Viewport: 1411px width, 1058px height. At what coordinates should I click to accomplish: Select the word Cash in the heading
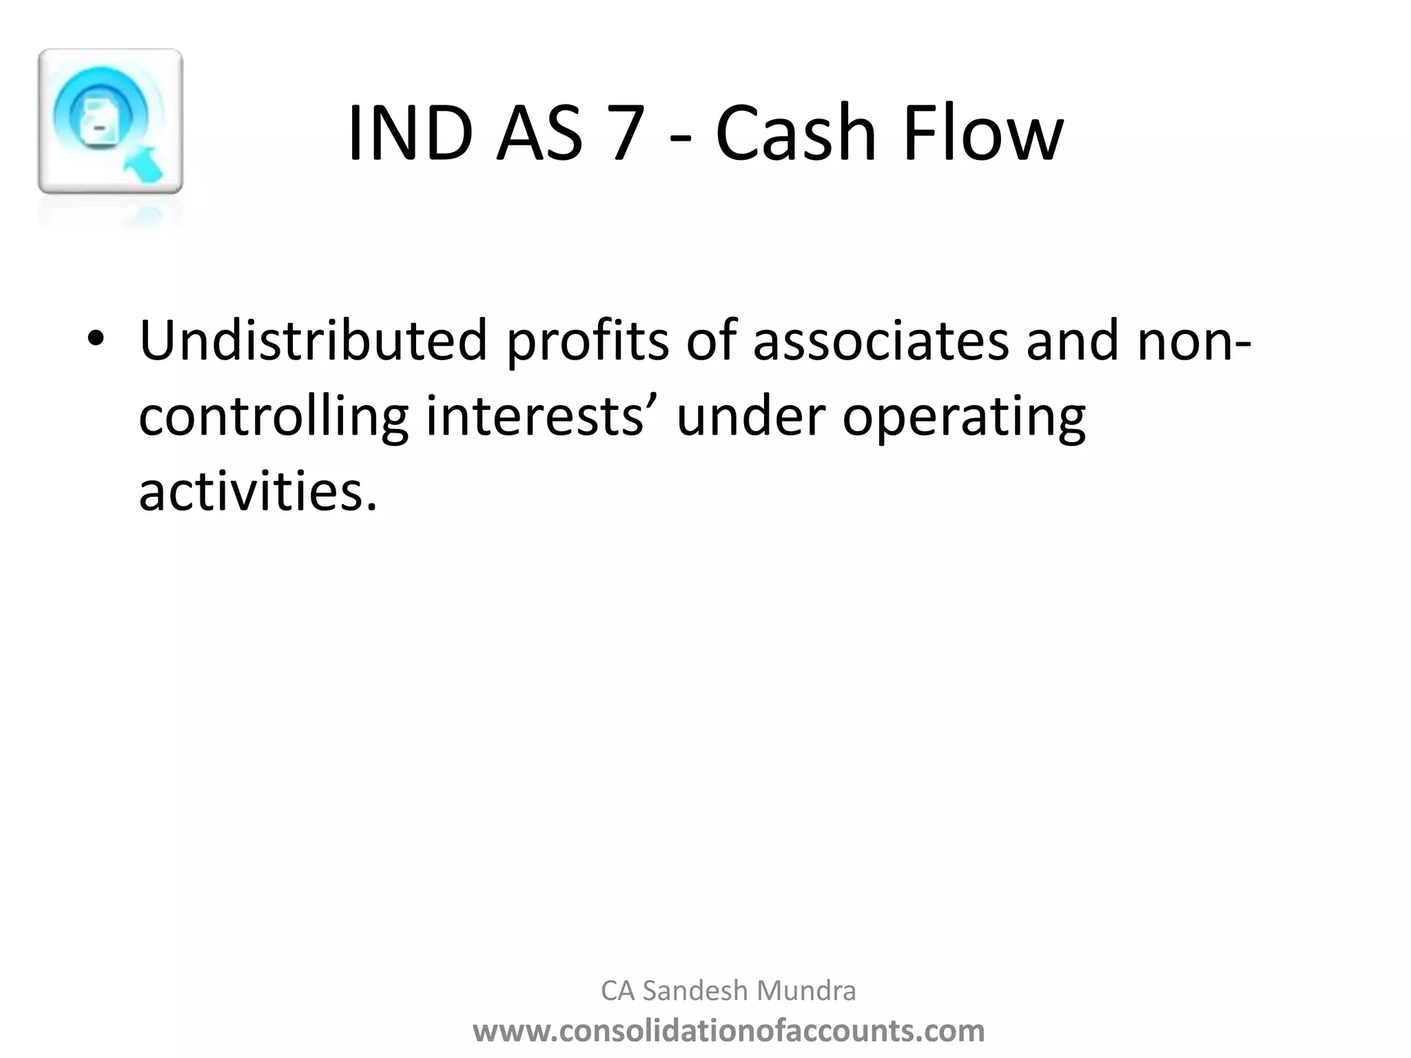click(796, 134)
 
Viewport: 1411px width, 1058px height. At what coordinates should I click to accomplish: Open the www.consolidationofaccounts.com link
click(728, 1030)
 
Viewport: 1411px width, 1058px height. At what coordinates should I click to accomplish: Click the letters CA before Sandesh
click(617, 990)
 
